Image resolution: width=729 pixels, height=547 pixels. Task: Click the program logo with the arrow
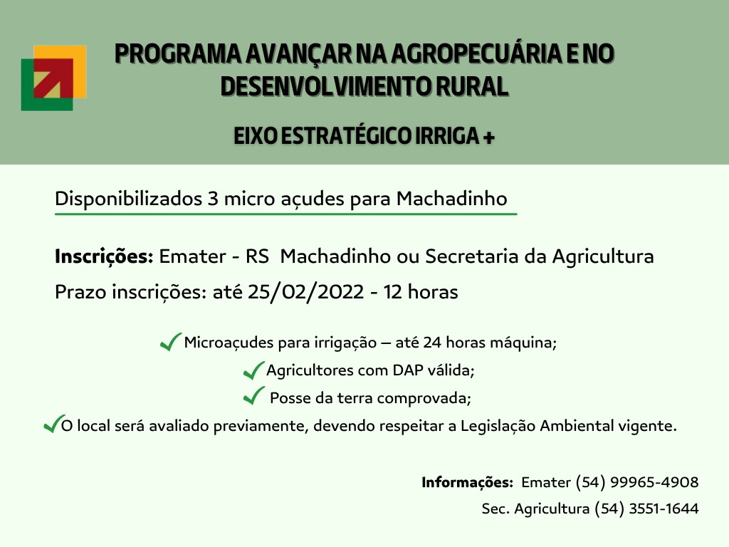coord(54,78)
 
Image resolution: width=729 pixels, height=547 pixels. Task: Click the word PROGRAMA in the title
coord(178,53)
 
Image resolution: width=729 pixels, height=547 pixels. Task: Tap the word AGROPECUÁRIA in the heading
coord(476,53)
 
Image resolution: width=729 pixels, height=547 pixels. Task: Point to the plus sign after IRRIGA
coord(488,137)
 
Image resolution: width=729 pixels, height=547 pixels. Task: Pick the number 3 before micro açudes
coord(213,199)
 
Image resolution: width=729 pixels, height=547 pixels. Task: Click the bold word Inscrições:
coord(104,256)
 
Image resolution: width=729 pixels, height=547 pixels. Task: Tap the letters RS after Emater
coord(258,256)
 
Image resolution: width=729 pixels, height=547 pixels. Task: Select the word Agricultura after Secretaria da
coord(603,256)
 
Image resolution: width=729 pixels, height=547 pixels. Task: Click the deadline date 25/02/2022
coord(306,292)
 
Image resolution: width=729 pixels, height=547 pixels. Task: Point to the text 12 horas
coord(421,292)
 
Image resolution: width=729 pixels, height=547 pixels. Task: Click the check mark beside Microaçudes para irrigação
coord(170,342)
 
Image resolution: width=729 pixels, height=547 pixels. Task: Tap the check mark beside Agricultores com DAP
coord(253,370)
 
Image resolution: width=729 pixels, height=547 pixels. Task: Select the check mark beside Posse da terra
coord(253,396)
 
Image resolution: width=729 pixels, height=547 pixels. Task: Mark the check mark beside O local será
coord(53,424)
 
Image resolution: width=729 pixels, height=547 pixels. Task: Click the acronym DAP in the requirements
coord(408,370)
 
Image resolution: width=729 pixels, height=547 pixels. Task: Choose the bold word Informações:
coord(467,482)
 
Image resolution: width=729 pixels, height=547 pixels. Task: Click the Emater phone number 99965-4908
coord(654,482)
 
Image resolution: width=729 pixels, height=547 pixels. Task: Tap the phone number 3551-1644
coord(664,509)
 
